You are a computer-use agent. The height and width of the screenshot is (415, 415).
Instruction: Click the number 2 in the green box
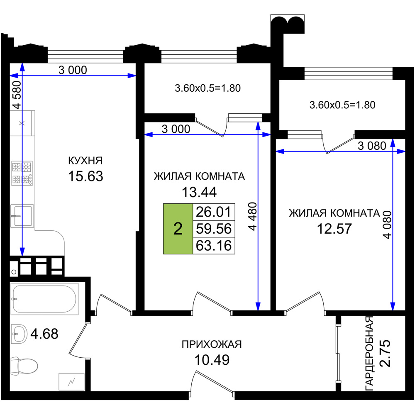tap(178, 229)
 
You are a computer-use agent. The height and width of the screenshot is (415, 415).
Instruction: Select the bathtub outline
tap(44, 299)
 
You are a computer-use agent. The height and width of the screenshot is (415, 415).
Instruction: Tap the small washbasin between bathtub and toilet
tap(20, 334)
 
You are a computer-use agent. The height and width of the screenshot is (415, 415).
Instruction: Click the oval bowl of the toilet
tap(28, 366)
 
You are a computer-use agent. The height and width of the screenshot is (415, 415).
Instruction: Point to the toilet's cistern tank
tap(15, 366)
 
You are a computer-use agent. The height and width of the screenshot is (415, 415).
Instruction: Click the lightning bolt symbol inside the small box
tap(71, 381)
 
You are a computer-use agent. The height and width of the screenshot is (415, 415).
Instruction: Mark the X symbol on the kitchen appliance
tap(22, 123)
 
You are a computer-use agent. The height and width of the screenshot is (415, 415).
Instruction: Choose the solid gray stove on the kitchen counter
tap(22, 173)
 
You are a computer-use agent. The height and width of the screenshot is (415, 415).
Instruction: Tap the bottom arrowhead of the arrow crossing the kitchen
tap(22, 251)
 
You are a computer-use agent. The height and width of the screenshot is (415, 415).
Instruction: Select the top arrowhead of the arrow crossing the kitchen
tap(22, 68)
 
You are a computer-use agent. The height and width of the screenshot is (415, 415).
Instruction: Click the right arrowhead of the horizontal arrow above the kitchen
tap(132, 76)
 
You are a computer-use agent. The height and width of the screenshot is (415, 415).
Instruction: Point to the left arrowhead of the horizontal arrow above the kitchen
tap(15, 76)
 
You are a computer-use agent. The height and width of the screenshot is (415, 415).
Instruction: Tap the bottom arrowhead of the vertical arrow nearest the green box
tap(258, 306)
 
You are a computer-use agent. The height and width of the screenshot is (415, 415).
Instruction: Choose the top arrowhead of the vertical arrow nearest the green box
tap(258, 126)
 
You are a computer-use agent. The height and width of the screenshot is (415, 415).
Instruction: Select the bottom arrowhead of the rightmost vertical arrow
tap(393, 306)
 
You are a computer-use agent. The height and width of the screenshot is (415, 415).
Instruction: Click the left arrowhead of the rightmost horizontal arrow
tap(281, 151)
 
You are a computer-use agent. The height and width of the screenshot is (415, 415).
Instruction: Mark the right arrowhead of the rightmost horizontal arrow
tap(400, 151)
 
